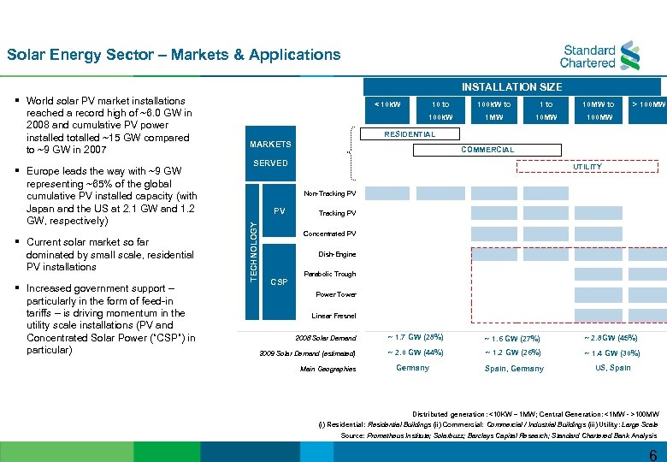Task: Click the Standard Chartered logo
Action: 599,53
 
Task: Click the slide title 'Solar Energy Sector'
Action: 174,55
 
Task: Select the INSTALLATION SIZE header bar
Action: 511,86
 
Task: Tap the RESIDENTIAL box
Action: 409,134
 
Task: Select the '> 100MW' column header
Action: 648,104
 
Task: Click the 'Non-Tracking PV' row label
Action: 329,192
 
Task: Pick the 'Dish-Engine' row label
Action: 337,254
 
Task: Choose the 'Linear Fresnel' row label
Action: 333,316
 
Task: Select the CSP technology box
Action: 279,281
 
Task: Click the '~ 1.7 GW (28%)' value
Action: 414,337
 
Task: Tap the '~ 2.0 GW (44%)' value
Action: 414,352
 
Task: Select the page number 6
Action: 652,453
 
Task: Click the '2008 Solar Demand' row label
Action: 326,337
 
